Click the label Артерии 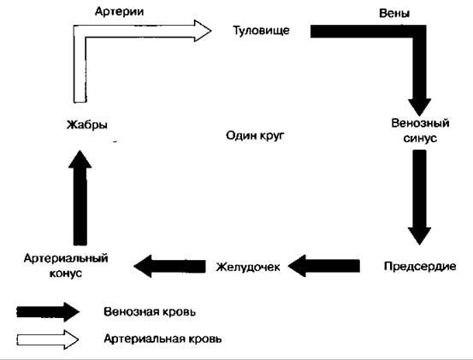tap(119, 12)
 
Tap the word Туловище tap(261, 31)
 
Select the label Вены tap(394, 14)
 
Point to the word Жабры tap(87, 125)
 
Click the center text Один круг tap(255, 136)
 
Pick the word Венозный tap(420, 123)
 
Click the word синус tap(420, 138)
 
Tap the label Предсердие tap(420, 266)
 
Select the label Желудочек tap(248, 267)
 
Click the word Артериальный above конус tap(66, 258)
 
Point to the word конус tap(66, 274)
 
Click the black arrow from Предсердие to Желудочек tap(324, 266)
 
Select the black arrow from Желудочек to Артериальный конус tap(169, 266)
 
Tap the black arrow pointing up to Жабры tap(80, 198)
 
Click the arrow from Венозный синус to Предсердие tap(419, 198)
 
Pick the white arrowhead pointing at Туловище tap(202, 31)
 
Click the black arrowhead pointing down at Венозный tap(420, 107)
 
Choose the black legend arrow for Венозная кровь tap(48, 312)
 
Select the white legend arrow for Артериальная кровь tap(48, 339)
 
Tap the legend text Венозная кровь tap(150, 311)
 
